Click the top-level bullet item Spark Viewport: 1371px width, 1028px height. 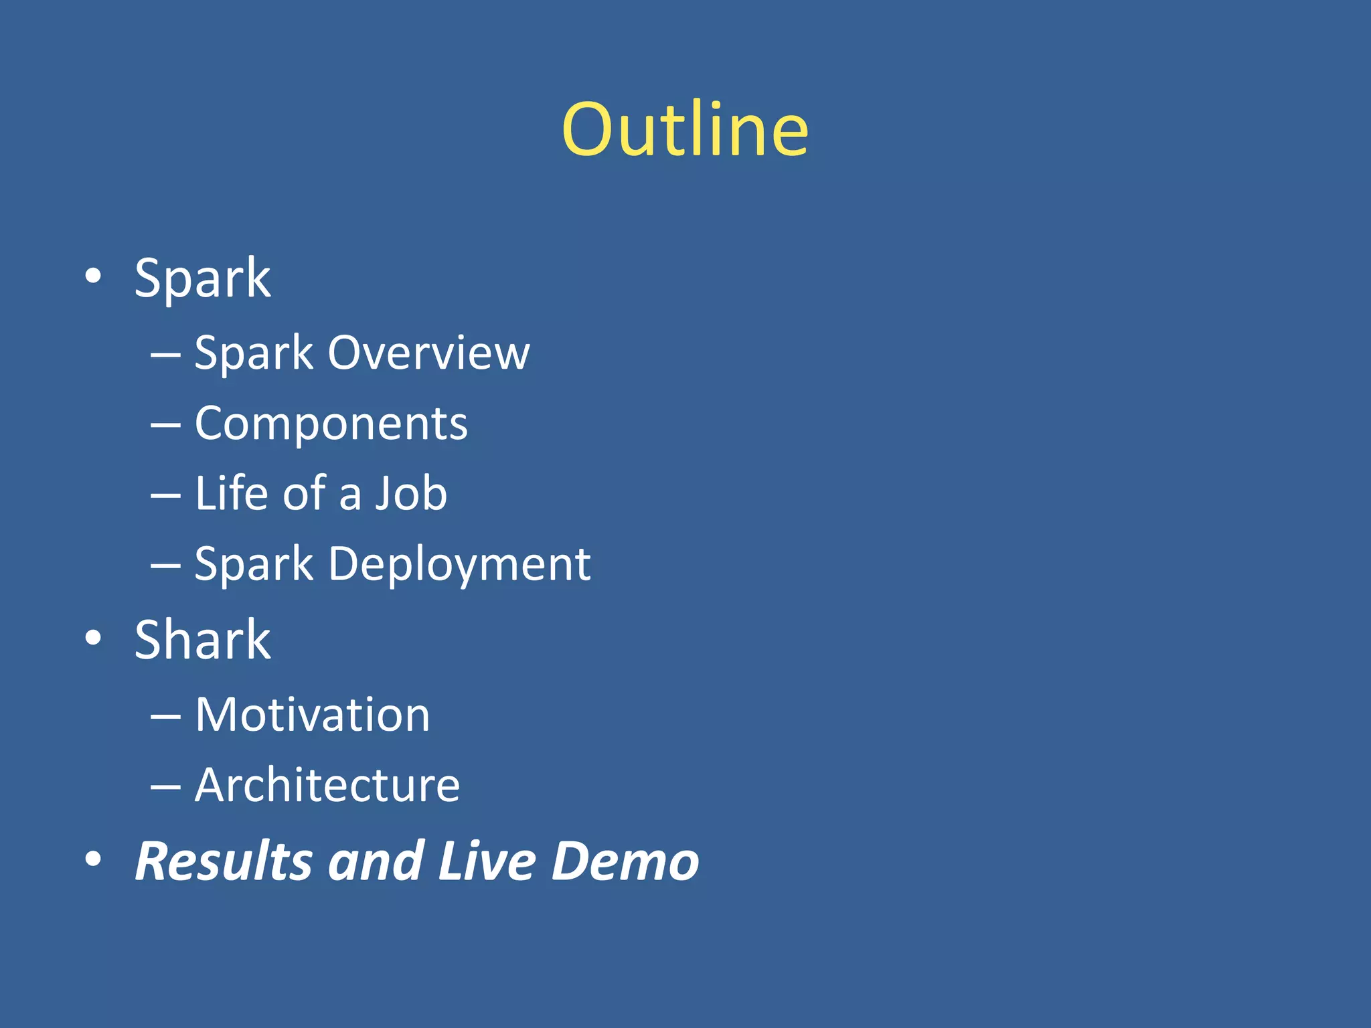click(202, 278)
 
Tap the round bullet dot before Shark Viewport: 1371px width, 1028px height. click(94, 638)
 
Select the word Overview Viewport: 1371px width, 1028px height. click(428, 353)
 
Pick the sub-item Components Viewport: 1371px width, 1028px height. click(331, 424)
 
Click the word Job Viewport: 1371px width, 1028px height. click(410, 493)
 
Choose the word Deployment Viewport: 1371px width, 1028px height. click(459, 564)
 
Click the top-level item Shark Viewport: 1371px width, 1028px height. click(202, 640)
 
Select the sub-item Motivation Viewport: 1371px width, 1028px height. click(312, 715)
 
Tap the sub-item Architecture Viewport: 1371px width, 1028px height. click(327, 785)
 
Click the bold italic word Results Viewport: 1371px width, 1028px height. click(224, 861)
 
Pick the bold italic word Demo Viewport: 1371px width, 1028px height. click(625, 861)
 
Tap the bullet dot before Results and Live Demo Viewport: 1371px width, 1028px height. click(94, 859)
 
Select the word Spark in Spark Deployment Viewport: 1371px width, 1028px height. click(254, 564)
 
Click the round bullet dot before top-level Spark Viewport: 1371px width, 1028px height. click(94, 276)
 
